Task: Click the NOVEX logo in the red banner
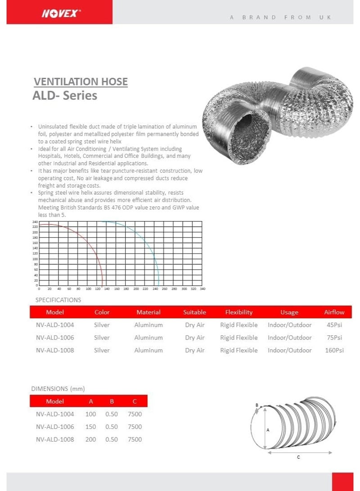coord(61,13)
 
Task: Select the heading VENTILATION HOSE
coord(81,82)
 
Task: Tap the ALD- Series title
coord(65,96)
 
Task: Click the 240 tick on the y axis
coord(35,222)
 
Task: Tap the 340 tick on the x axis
coord(202,289)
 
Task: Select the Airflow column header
coord(334,312)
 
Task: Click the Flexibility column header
coord(239,312)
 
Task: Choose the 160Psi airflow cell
coord(334,350)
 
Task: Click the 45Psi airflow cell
coord(334,325)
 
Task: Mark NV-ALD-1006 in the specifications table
coord(55,338)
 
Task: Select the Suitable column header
coord(194,312)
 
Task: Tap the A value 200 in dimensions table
coord(90,439)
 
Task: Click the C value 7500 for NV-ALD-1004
coord(135,414)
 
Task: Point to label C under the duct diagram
coord(298,457)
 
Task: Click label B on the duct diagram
coord(257,405)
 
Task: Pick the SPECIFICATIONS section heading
coord(58,300)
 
